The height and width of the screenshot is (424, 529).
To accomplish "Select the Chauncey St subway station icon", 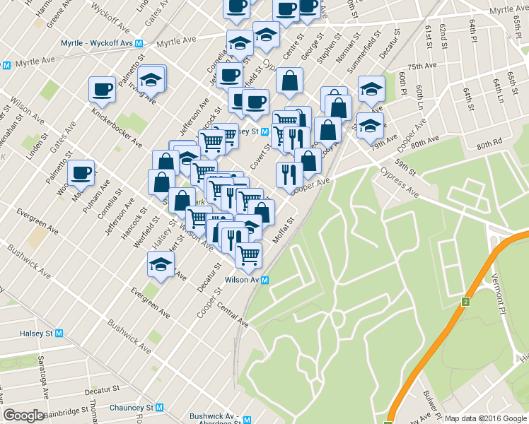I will coord(160,408).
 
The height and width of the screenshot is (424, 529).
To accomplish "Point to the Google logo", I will coord(24,416).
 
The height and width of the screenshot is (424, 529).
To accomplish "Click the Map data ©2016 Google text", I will coord(485,418).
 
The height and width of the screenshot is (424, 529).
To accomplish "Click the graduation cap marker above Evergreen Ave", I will coord(161,266).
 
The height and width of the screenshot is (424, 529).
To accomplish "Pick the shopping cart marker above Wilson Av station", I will coord(248,254).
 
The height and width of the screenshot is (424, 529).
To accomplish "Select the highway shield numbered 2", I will coord(466,302).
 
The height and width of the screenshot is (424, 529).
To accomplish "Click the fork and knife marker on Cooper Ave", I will coord(289,174).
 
